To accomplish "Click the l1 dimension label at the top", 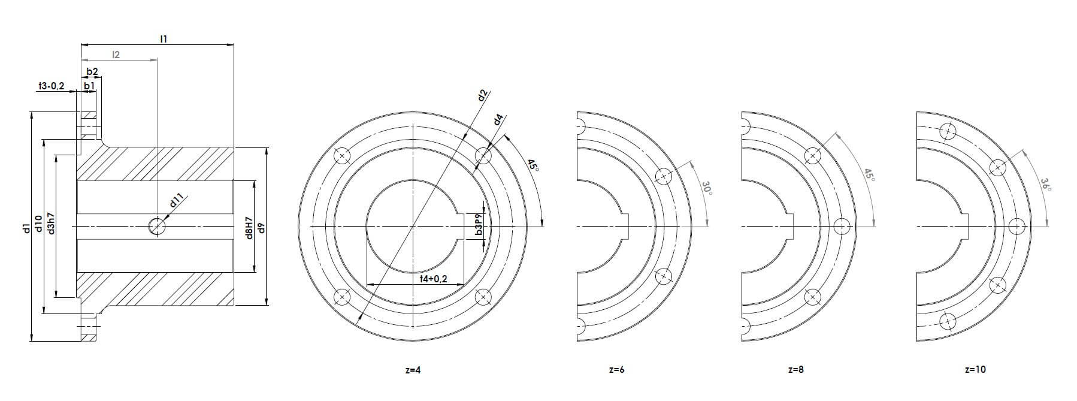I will click(x=164, y=38).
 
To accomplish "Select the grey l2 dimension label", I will click(x=116, y=55).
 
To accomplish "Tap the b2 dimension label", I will click(x=92, y=72).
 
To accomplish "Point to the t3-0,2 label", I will click(x=51, y=86).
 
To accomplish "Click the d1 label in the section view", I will click(x=26, y=228).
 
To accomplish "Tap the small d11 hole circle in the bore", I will click(x=157, y=226).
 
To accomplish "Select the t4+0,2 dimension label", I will click(x=442, y=279).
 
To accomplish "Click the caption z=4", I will click(x=413, y=370).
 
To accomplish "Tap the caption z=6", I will click(x=616, y=370).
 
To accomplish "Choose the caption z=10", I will click(x=975, y=370).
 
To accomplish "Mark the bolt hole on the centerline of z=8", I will click(x=842, y=226).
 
